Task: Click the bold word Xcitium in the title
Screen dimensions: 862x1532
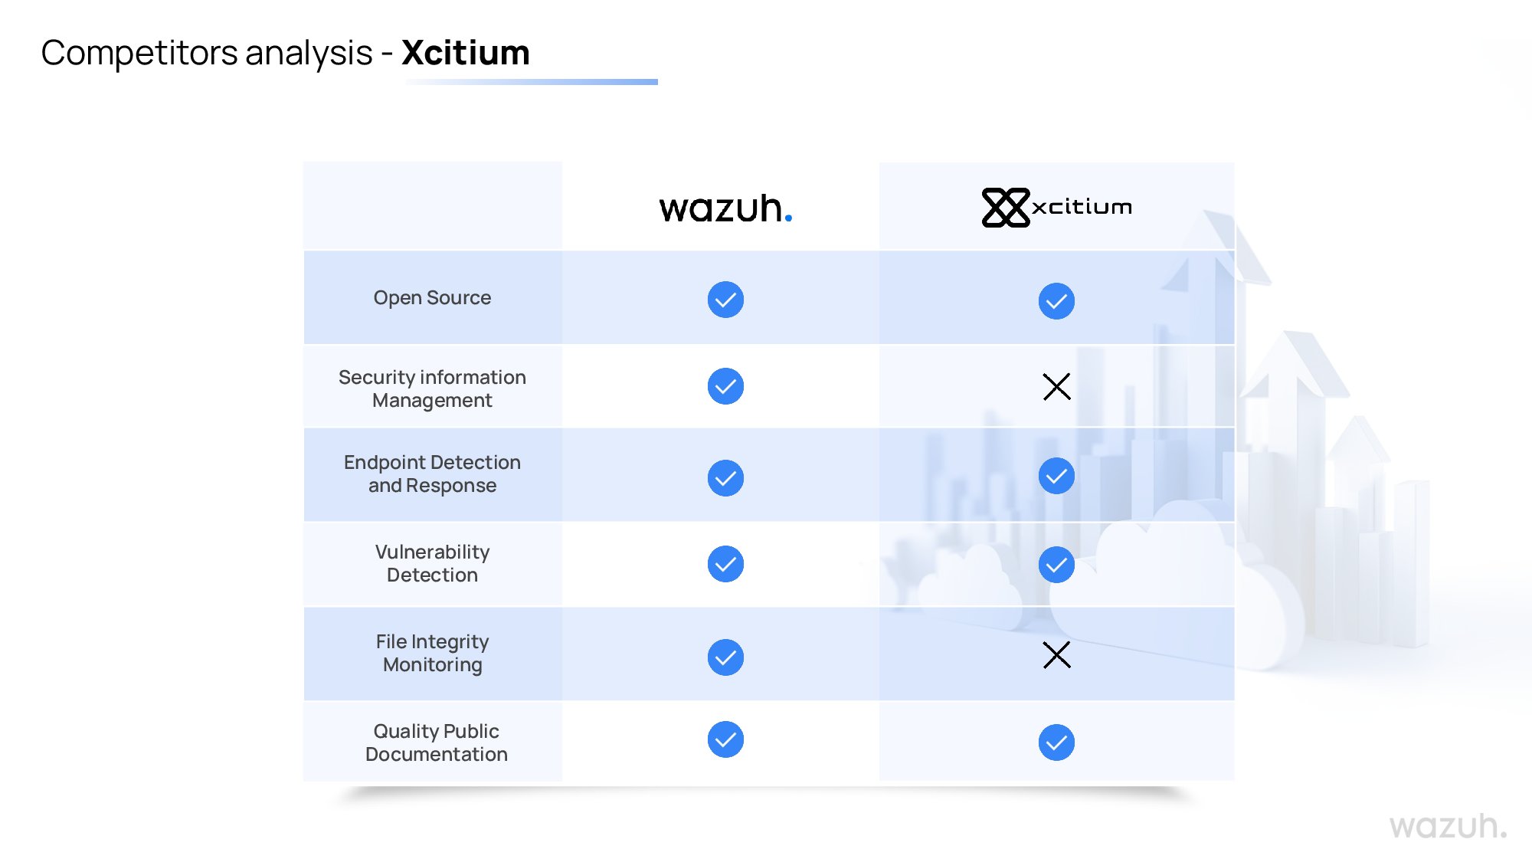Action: (x=465, y=53)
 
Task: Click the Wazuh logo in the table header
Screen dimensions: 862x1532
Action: (x=725, y=208)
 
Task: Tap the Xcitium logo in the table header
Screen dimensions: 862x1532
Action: (x=1056, y=207)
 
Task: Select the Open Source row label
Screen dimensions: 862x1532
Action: (x=432, y=297)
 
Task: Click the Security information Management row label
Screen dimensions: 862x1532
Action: (x=432, y=388)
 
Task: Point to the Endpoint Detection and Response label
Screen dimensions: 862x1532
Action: (x=432, y=474)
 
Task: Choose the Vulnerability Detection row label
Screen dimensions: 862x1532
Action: (x=432, y=563)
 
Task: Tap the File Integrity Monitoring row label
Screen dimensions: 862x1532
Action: (x=432, y=653)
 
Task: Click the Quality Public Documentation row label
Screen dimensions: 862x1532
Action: (x=436, y=742)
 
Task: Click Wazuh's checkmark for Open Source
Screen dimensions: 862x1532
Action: (x=725, y=300)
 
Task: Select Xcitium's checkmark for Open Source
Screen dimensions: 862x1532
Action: (x=1056, y=301)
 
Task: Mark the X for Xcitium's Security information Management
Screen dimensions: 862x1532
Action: (x=1056, y=387)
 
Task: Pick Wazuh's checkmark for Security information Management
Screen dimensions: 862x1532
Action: (x=725, y=386)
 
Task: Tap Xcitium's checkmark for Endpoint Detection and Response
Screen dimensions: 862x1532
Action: (x=1056, y=476)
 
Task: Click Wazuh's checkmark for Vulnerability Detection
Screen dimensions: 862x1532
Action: (x=725, y=564)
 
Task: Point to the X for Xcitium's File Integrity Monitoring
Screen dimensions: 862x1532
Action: (x=1056, y=655)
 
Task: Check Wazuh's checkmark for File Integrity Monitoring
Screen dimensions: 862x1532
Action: (x=725, y=657)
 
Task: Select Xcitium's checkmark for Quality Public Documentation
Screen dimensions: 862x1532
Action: (x=1056, y=742)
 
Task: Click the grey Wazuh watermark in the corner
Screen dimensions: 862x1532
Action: (x=1447, y=826)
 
